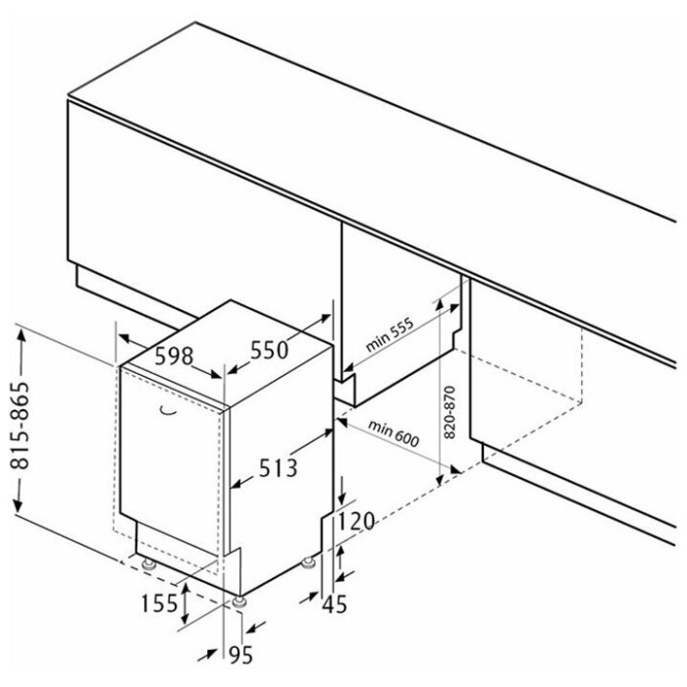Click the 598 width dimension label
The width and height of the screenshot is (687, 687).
[x=174, y=356]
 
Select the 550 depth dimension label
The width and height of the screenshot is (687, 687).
[x=270, y=350]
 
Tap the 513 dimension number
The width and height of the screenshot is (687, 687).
[x=278, y=467]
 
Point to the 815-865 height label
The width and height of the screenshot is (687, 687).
[x=20, y=426]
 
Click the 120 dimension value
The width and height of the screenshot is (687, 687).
[x=355, y=521]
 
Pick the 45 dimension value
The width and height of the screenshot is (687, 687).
[x=335, y=605]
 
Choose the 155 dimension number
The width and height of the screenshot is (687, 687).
[x=159, y=605]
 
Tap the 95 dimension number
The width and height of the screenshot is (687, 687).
[x=241, y=655]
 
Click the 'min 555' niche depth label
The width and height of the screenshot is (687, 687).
[x=389, y=335]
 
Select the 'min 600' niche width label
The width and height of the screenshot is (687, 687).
[x=394, y=433]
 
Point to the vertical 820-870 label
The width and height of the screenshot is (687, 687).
[x=449, y=412]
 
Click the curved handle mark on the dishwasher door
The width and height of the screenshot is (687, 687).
[x=168, y=410]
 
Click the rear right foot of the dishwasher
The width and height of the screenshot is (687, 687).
[x=308, y=562]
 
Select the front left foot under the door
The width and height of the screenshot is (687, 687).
[x=148, y=564]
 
